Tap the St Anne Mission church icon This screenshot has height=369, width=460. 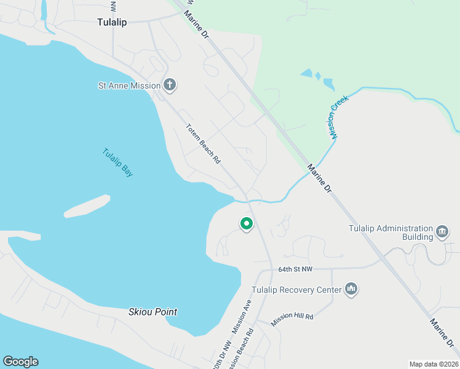pos(170,85)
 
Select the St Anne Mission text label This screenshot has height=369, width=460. pos(129,86)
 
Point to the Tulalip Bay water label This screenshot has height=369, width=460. pos(117,163)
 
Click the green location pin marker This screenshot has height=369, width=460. pos(247,224)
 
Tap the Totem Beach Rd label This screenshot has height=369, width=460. pos(203,144)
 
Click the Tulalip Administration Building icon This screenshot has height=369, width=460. pos(442,232)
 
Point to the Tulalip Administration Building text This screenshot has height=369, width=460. pos(391,232)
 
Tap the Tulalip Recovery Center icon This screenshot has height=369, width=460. pos(351,289)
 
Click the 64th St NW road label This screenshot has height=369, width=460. pos(295,269)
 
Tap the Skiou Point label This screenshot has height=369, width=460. pos(153,312)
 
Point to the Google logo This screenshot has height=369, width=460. pos(20,362)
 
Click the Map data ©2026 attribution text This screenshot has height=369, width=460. pos(434,364)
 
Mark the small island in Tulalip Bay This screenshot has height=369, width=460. pos(87,206)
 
